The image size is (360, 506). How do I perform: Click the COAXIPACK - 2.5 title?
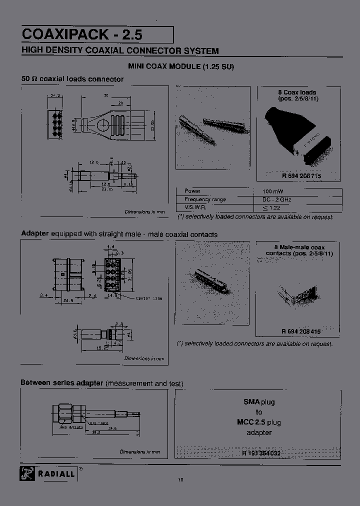coord(82,34)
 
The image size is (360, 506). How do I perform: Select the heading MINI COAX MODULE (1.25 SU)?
coord(181,66)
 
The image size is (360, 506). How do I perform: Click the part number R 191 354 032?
coord(261,452)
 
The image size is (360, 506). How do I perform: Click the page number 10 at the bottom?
coord(180,480)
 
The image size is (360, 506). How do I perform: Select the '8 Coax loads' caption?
coord(297,92)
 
